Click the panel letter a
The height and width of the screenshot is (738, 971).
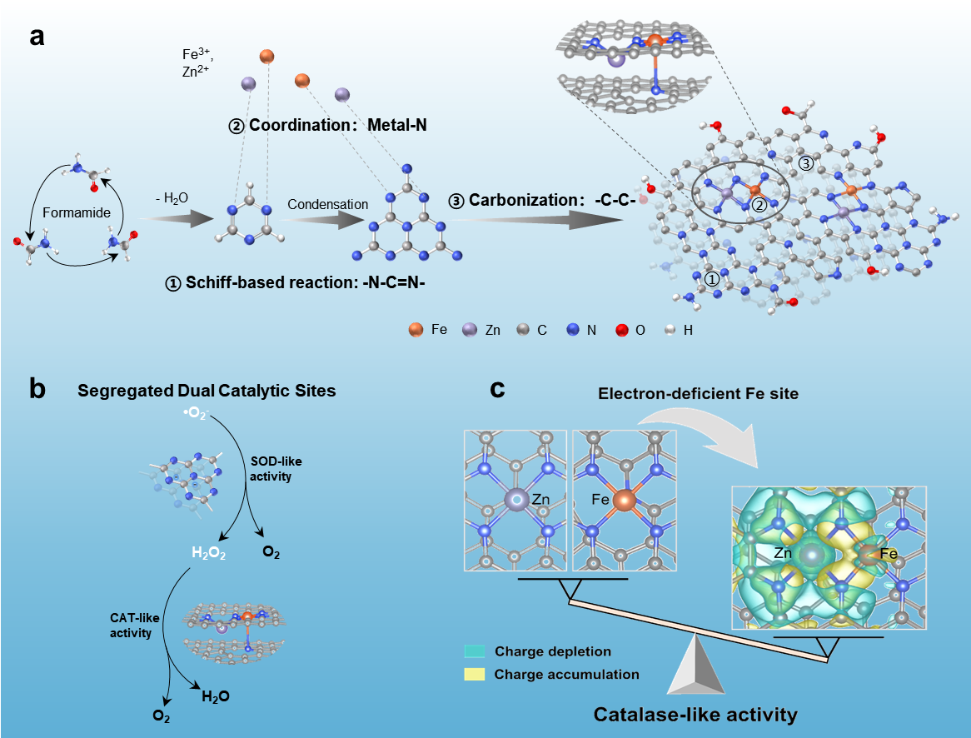(37, 37)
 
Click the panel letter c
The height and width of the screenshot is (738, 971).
(498, 389)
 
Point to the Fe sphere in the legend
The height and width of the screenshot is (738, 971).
(415, 330)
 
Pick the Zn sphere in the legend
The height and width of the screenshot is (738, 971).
(470, 330)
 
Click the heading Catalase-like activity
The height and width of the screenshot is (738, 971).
(695, 714)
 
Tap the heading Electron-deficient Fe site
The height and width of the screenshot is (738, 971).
(696, 394)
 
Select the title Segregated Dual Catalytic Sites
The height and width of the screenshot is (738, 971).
(207, 390)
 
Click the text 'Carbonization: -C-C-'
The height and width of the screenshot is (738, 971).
(542, 202)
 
